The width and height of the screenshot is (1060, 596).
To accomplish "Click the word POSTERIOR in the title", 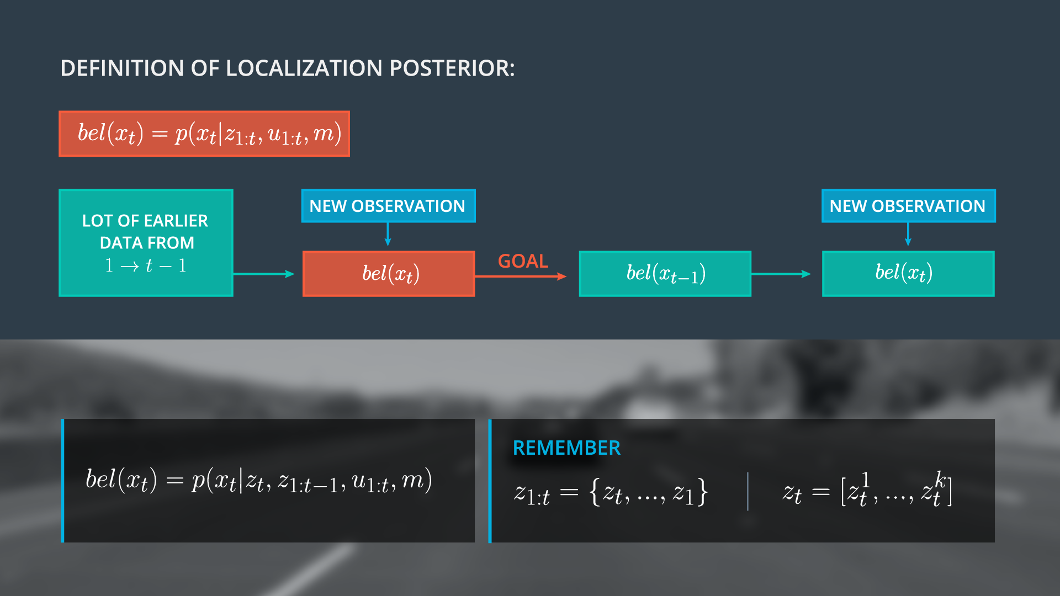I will click(452, 68).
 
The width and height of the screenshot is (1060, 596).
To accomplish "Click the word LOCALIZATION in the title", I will click(304, 68).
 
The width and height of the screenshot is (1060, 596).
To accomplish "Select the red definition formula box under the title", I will click(204, 134).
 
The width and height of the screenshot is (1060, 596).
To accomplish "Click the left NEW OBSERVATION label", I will click(388, 206).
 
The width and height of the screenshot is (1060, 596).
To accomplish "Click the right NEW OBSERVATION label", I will click(908, 206).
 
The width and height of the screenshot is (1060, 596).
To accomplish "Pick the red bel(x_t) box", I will click(389, 274).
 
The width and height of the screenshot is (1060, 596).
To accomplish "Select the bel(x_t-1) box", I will click(665, 274).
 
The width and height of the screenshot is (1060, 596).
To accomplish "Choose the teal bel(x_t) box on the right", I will click(908, 274).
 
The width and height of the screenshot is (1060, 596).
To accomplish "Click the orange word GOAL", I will click(523, 261).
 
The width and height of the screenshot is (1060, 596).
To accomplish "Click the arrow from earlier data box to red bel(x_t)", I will click(263, 274).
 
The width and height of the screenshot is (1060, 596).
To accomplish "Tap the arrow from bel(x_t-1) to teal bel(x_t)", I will click(781, 274).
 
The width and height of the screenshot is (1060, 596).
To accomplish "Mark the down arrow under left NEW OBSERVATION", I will click(388, 234).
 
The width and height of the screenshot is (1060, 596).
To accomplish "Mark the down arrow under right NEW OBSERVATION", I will click(908, 234).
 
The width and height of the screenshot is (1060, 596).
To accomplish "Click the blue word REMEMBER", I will click(566, 448).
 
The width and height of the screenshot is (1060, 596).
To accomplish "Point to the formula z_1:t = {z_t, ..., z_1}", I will click(610, 492).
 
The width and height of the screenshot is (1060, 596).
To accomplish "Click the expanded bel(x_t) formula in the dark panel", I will click(258, 480).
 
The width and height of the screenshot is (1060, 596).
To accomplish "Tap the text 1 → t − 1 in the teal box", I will click(146, 266).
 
